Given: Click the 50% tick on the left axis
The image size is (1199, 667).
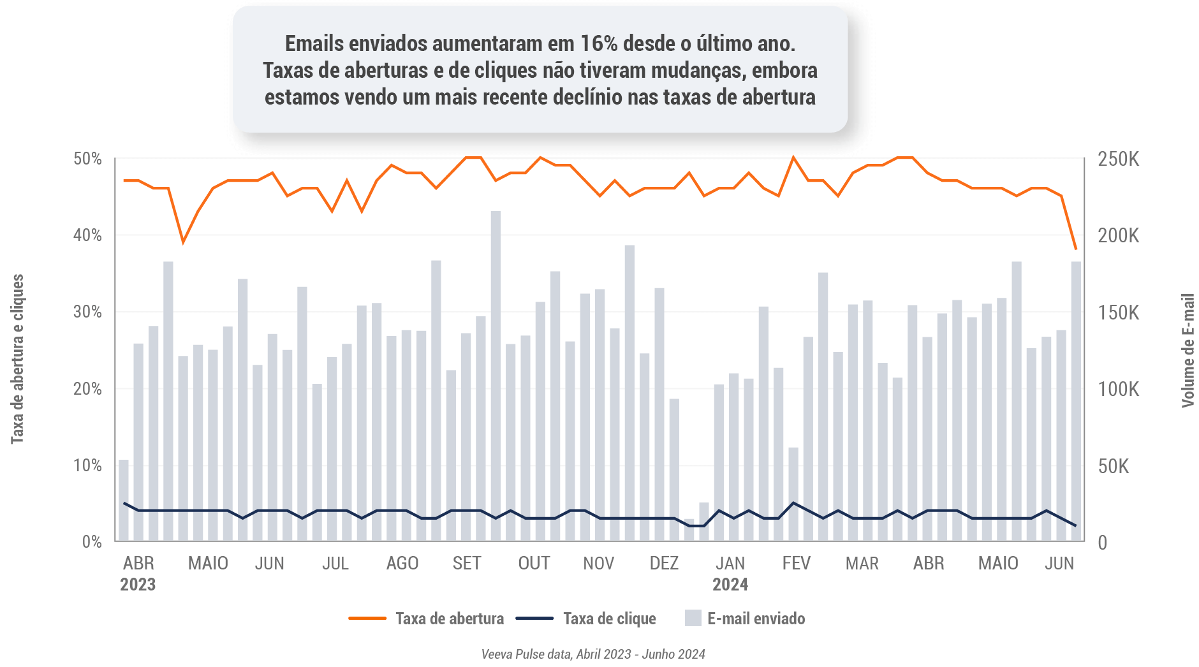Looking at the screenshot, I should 87,159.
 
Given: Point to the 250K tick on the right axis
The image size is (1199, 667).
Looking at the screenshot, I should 1118,159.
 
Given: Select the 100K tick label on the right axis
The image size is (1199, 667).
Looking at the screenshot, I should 1118,389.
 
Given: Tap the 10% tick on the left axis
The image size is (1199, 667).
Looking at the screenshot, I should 87,465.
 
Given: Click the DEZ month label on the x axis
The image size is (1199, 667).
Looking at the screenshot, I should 664,564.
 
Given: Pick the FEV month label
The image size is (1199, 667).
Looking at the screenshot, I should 796,564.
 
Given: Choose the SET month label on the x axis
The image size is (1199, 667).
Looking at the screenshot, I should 467,564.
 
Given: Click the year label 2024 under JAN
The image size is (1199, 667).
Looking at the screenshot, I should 730,585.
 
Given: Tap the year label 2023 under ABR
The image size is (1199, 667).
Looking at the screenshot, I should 138,585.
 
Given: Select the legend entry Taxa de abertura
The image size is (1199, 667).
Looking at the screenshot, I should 449,619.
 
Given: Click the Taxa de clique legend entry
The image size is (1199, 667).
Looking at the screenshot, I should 609,619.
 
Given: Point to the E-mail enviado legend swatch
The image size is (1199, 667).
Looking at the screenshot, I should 693,618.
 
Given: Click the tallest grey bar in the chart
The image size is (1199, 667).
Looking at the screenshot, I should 496,376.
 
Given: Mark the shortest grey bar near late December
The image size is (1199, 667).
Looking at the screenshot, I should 689,531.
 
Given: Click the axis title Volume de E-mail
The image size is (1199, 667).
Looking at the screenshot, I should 1188,350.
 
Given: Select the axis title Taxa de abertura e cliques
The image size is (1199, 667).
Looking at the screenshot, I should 17,359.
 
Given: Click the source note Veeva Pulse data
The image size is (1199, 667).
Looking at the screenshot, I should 592,654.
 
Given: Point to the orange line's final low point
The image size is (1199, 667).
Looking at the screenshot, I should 1076,249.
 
